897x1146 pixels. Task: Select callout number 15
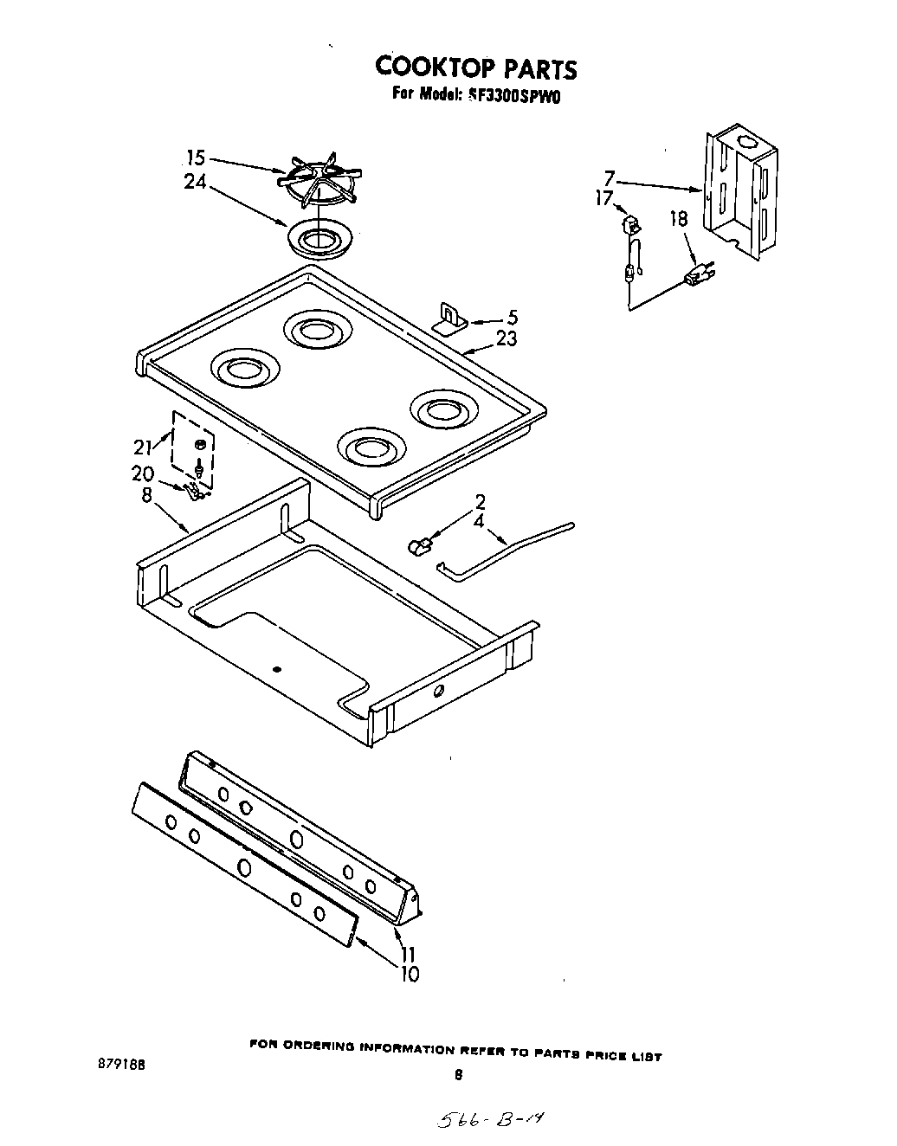click(x=197, y=158)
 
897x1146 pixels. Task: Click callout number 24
click(x=195, y=182)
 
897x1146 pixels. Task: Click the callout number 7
click(x=610, y=178)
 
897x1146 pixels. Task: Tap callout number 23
click(x=506, y=339)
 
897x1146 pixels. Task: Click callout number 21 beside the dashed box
click(x=143, y=447)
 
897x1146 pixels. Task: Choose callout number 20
click(x=143, y=473)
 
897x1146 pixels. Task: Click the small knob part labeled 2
click(x=420, y=545)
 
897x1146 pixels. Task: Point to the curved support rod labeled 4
click(x=511, y=548)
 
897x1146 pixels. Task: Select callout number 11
click(x=409, y=955)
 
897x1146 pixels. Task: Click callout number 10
click(x=409, y=975)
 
